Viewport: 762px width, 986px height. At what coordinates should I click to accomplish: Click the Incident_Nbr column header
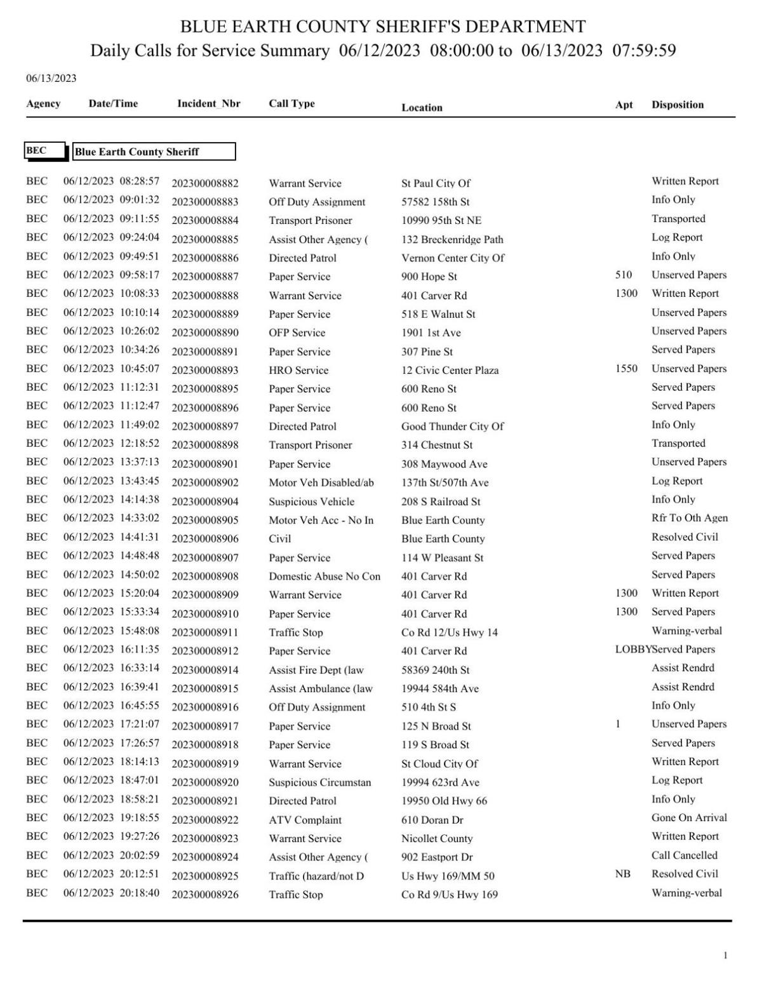click(x=208, y=103)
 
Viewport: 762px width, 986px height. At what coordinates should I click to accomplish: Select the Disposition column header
click(x=677, y=105)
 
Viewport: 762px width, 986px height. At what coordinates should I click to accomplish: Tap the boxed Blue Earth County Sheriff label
click(x=154, y=152)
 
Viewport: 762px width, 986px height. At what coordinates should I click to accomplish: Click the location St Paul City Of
click(x=436, y=183)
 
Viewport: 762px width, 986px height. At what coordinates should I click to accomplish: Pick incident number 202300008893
click(x=205, y=371)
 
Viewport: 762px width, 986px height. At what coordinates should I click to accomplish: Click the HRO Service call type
click(x=298, y=371)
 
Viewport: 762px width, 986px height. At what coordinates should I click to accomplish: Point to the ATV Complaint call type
click(x=305, y=820)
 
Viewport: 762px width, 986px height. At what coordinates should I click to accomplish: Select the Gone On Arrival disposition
click(x=688, y=818)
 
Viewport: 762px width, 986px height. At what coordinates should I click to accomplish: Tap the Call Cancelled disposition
click(x=684, y=855)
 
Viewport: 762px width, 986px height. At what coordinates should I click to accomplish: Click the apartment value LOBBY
click(x=632, y=650)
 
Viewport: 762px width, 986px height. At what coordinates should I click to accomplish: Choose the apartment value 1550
click(x=626, y=369)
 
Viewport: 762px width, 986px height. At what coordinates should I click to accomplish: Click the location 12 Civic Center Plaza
click(x=450, y=371)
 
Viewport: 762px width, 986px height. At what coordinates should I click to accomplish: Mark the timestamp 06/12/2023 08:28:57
click(x=111, y=181)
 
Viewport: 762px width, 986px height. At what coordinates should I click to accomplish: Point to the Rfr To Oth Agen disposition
click(x=689, y=518)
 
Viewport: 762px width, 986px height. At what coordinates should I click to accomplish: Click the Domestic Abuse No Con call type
click(x=324, y=576)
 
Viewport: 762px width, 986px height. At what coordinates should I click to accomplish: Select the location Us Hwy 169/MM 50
click(x=448, y=876)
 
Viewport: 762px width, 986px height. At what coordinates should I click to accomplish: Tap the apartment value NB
click(x=622, y=874)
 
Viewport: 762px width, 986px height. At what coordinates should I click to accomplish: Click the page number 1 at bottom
click(x=725, y=956)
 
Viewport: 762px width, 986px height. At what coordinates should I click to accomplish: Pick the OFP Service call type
click(x=297, y=333)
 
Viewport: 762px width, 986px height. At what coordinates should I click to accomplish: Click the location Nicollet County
click(x=437, y=839)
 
